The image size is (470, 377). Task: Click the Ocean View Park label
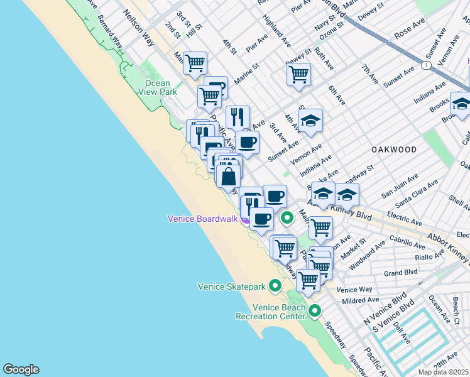point(158,88)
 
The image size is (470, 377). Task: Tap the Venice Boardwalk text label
point(202,219)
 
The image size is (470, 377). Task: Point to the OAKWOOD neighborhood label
point(394,150)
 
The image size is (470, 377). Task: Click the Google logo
point(21,369)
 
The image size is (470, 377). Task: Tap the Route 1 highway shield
point(427,65)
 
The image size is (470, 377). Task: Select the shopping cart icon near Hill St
point(195,63)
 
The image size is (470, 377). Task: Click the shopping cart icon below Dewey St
point(298,74)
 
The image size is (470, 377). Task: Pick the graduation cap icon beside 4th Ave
point(310,119)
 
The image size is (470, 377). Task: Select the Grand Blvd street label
point(401,273)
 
